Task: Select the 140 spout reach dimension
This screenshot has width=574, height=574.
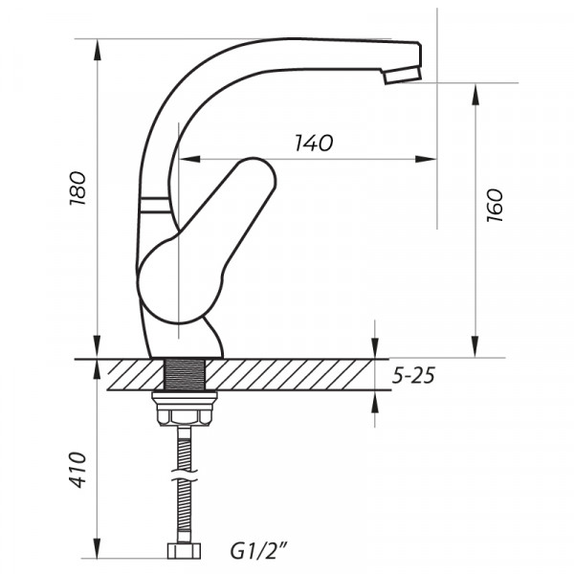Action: (x=313, y=143)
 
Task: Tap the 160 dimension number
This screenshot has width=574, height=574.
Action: (x=494, y=206)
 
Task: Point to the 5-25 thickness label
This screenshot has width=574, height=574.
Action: (x=413, y=376)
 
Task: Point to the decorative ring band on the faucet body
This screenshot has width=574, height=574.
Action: (x=154, y=204)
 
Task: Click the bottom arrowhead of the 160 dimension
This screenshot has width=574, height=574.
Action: (x=475, y=351)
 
